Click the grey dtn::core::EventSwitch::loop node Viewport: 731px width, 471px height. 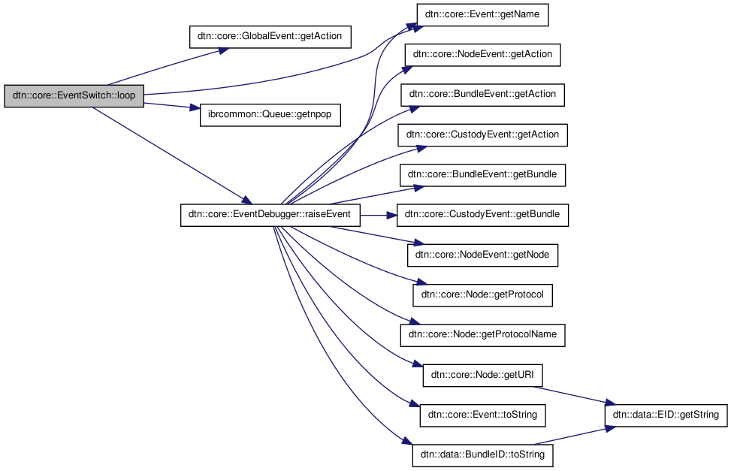pyautogui.click(x=74, y=97)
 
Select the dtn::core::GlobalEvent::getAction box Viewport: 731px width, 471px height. pyautogui.click(x=270, y=35)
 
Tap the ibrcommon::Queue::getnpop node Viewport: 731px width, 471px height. pyautogui.click(x=270, y=116)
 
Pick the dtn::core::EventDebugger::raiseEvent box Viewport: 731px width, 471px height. pyautogui.click(x=270, y=216)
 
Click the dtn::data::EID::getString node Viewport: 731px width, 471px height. pyautogui.click(x=666, y=414)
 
